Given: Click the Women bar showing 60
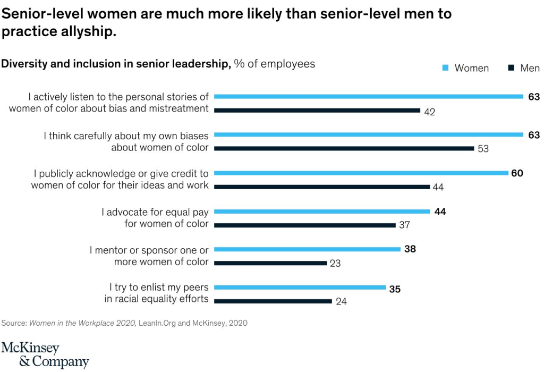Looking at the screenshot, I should point(361,173).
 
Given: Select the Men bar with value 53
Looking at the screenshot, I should point(344,148).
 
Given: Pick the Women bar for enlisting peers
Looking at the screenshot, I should point(300,288).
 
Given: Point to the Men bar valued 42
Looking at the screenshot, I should point(317,110).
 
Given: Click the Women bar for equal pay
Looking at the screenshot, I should point(322,212).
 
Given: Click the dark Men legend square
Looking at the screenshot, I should point(511,68).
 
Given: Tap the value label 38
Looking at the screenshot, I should point(410,249).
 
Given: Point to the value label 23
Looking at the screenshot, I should point(335,263).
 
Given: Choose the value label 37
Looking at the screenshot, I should point(405,225).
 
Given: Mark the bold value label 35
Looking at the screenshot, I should point(395,290).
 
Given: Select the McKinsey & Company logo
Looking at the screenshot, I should point(45,355).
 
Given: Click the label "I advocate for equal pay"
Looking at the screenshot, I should point(155,212).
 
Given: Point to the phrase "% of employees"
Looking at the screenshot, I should point(274,64).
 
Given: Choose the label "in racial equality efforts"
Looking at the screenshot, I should point(156,299).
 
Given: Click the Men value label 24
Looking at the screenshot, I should point(341,301).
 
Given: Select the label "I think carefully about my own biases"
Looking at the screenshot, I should point(126,136).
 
